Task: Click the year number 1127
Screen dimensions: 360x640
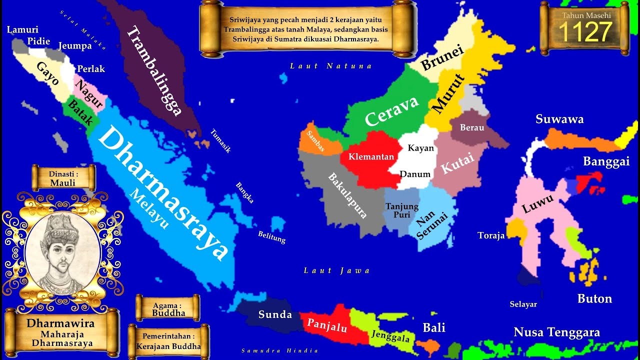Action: pyautogui.click(x=585, y=32)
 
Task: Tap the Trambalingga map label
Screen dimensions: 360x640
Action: pyautogui.click(x=153, y=71)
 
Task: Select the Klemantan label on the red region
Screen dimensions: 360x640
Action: pyautogui.click(x=371, y=156)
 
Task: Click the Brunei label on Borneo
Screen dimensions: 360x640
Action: pyautogui.click(x=442, y=57)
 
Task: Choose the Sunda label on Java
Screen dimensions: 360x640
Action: pyautogui.click(x=275, y=314)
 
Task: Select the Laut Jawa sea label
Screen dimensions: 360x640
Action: pyautogui.click(x=337, y=270)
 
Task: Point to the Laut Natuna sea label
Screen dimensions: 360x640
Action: pyautogui.click(x=331, y=66)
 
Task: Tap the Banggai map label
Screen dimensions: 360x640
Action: pyautogui.click(x=606, y=161)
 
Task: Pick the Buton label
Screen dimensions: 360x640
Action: pyautogui.click(x=594, y=298)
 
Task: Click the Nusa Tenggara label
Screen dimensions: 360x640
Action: pyautogui.click(x=556, y=332)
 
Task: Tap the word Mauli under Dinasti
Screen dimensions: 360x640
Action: pyautogui.click(x=63, y=182)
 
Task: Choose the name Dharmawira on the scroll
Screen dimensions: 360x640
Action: pyautogui.click(x=60, y=323)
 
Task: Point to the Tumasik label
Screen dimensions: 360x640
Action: pyautogui.click(x=220, y=141)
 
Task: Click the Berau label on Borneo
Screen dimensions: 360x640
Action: pyautogui.click(x=472, y=127)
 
